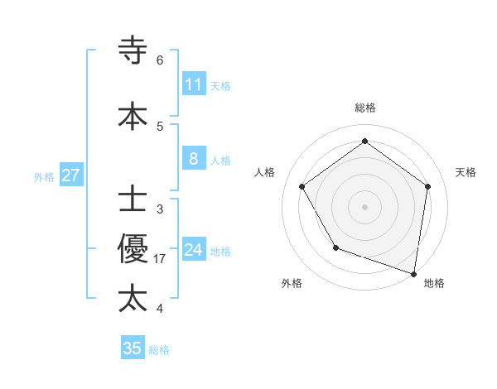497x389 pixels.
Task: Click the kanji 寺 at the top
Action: (133, 50)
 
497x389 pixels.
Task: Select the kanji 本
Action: (133, 117)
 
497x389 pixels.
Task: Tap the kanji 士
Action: (133, 200)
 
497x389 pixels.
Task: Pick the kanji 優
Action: (133, 249)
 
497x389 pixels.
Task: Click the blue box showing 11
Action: (194, 84)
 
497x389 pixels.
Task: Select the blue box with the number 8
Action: (194, 159)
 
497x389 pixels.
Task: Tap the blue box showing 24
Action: (194, 250)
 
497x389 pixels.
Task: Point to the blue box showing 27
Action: (70, 175)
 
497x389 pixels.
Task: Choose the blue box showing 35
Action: (133, 348)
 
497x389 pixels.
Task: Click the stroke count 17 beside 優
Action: (161, 259)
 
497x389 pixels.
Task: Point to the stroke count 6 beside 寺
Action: (160, 60)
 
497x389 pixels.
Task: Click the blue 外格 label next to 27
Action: (44, 176)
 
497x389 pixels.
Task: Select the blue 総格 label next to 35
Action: (159, 350)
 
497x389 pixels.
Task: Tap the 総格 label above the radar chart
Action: (365, 108)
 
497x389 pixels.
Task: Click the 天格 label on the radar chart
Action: (466, 172)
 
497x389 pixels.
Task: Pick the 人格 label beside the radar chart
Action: (265, 172)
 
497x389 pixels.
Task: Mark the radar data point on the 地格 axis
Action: (414, 272)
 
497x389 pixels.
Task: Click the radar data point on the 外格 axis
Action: (335, 247)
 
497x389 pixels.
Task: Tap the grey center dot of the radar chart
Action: (365, 206)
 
